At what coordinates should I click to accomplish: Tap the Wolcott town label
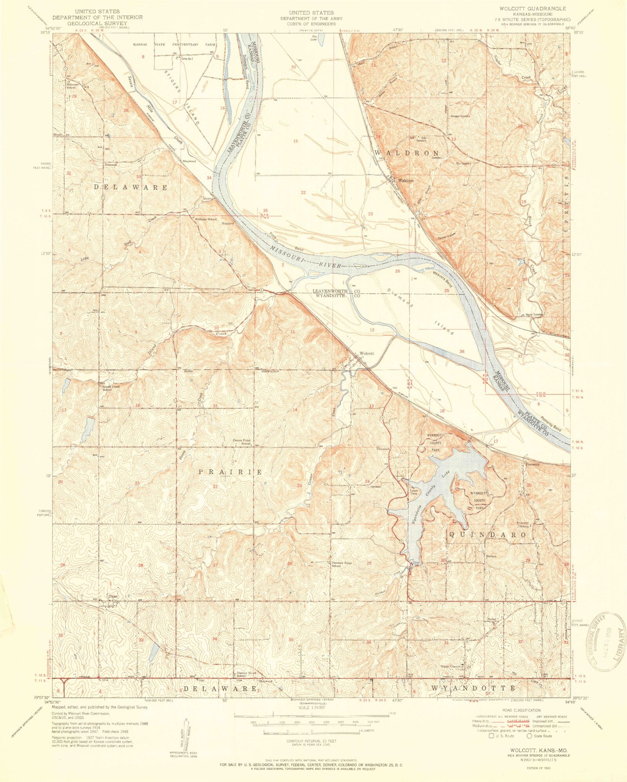[366, 353]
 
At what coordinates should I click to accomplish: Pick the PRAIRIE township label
[231, 472]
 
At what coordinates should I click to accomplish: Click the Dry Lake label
[314, 39]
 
